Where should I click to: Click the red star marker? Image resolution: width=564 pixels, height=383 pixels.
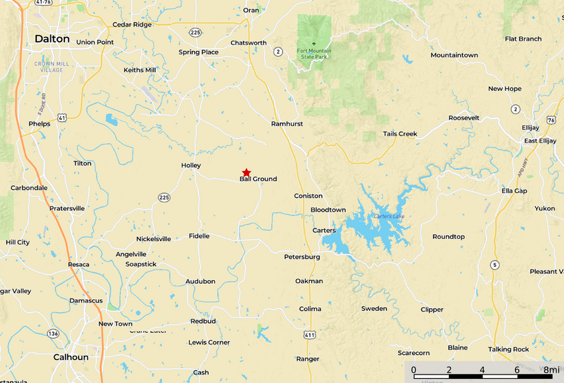tap(246, 173)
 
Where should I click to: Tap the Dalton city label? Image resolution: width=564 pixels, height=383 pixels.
tap(52, 39)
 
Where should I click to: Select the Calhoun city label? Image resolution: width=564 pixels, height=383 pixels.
tap(71, 357)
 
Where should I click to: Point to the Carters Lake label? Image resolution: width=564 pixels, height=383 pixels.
tap(388, 216)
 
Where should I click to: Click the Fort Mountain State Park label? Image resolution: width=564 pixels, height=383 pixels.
tap(313, 53)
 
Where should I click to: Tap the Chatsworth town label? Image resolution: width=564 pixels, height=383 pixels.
tap(248, 43)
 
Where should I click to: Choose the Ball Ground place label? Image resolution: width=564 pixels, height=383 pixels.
tap(258, 180)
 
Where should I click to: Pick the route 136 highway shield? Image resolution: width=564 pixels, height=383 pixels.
tap(53, 334)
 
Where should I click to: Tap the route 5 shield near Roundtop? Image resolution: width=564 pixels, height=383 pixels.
tap(495, 264)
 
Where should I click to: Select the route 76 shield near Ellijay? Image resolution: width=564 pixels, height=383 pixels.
tap(551, 120)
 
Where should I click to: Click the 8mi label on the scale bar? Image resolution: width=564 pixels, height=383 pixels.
tap(551, 370)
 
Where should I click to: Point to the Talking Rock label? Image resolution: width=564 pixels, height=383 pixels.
tap(509, 349)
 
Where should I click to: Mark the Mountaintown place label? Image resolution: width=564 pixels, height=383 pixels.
tap(454, 55)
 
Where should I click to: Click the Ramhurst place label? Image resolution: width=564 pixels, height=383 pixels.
tap(287, 124)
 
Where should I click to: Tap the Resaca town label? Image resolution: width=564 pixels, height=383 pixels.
tap(78, 265)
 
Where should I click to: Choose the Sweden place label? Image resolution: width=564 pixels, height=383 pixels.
tap(374, 309)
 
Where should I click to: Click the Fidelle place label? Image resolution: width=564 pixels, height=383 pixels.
tap(199, 236)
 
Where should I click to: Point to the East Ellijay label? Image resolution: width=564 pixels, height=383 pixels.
tap(540, 141)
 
